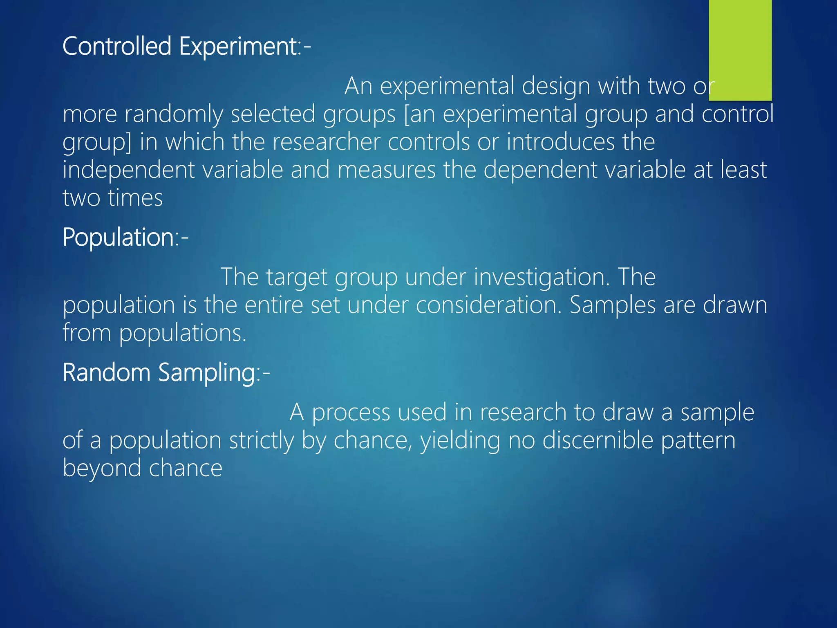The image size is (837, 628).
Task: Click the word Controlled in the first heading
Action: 117,46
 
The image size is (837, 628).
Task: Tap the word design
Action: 556,87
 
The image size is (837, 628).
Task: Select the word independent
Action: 128,170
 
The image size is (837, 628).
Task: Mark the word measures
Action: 387,170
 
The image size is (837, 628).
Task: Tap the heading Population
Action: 119,237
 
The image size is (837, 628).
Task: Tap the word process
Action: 351,413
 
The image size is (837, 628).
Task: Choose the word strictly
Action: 262,441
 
